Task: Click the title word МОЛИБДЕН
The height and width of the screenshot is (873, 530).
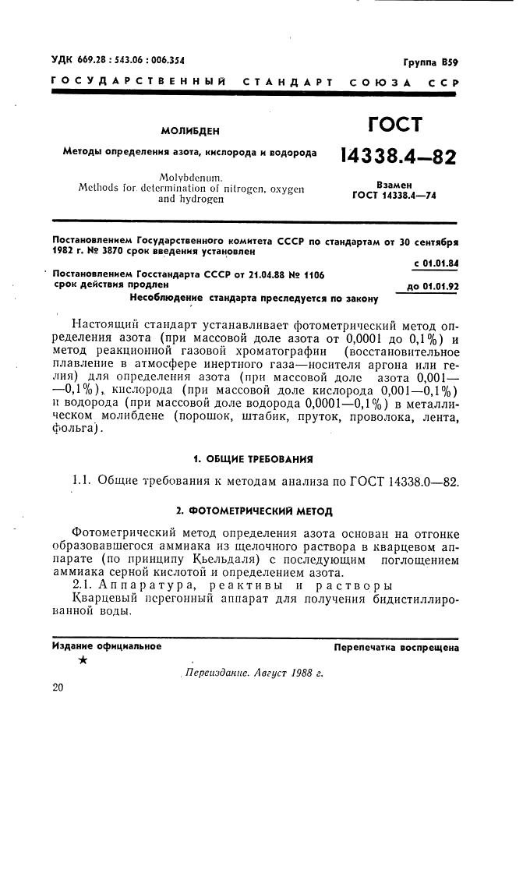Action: click(190, 132)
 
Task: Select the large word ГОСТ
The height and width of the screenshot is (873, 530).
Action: click(394, 125)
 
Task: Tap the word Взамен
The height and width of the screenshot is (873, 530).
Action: click(394, 185)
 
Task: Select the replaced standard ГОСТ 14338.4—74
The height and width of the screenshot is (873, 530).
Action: click(394, 196)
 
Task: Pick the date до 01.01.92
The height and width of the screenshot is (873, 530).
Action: click(428, 286)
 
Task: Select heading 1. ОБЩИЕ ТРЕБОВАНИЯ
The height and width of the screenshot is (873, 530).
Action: click(253, 458)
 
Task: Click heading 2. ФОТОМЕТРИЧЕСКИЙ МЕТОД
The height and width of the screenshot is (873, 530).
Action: click(254, 511)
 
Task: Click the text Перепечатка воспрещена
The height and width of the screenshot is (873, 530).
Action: click(396, 648)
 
